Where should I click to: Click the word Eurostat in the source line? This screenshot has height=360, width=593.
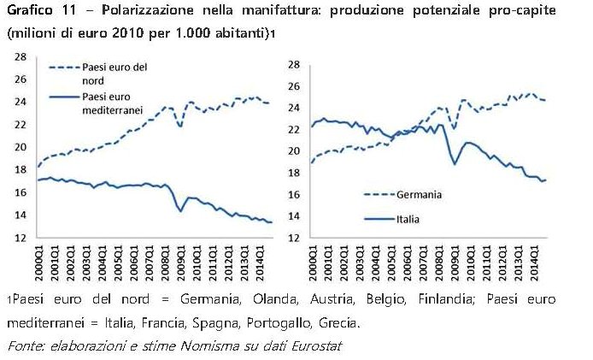point(318,346)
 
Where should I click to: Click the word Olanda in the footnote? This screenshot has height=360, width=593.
point(268,300)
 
